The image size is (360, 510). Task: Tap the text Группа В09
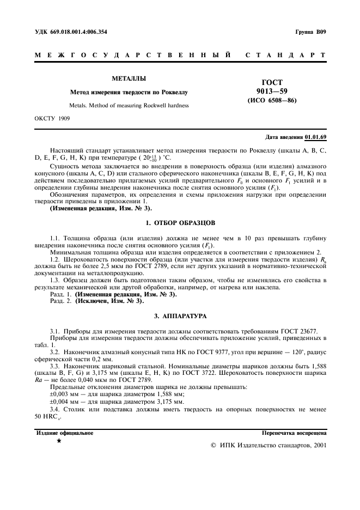(x=310, y=32)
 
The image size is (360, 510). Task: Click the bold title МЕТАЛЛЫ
(x=129, y=78)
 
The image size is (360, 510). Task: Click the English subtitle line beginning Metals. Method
(x=129, y=105)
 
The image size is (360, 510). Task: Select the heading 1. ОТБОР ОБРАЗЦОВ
(x=180, y=223)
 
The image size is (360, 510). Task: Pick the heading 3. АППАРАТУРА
(x=180, y=315)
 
